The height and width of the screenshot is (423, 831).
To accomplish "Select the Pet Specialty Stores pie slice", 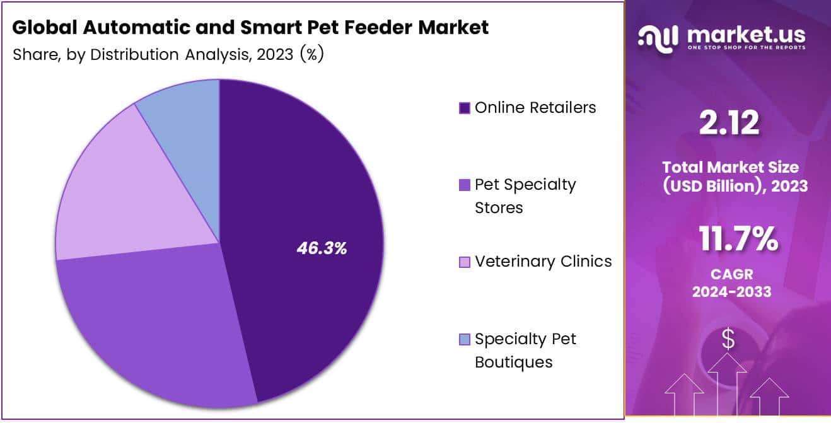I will [158, 328].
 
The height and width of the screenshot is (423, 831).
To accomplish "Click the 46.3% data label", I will [322, 248].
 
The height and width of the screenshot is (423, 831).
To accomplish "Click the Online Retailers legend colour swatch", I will [465, 108].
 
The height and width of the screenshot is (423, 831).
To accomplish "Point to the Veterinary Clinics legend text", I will [543, 261].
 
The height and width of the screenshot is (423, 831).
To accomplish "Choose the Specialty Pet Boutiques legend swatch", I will [465, 340].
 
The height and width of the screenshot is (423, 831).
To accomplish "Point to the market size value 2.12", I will [729, 123].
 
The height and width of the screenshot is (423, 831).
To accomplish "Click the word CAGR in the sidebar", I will [732, 274].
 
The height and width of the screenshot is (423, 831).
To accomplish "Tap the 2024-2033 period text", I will [732, 292].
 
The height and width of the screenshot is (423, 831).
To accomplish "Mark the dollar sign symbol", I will [728, 339].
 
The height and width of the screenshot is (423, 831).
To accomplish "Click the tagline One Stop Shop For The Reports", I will [746, 48].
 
